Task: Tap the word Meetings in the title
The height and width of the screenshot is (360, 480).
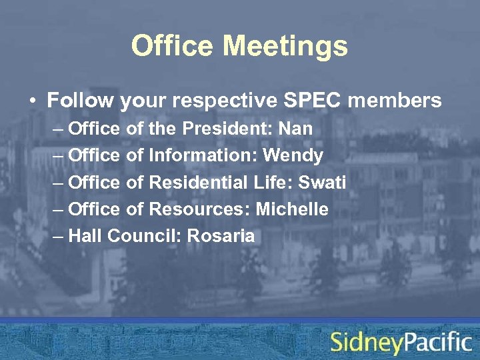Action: coord(285,47)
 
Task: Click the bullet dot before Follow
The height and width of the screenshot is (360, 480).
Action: coord(32,101)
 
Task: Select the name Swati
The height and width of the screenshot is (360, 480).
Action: coord(322,183)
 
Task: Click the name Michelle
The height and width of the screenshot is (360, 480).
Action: coord(293,209)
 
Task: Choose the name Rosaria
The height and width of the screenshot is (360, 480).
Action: coord(221,236)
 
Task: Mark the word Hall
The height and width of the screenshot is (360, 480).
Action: coord(85,236)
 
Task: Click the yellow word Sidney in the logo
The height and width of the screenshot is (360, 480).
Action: coord(367,343)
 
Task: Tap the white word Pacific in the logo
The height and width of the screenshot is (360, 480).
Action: coord(437,342)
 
